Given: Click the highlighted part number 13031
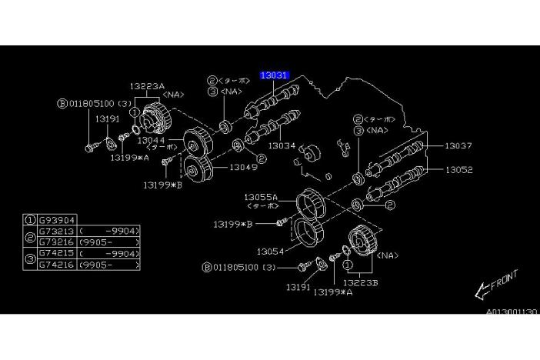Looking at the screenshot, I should pyautogui.click(x=274, y=75).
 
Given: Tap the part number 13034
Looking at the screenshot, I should pyautogui.click(x=282, y=145).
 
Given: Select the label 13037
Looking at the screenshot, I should pyautogui.click(x=458, y=145).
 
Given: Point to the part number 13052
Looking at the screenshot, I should pyautogui.click(x=458, y=170).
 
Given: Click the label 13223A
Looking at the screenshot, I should pyautogui.click(x=147, y=87).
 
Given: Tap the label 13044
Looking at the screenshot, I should pyautogui.click(x=152, y=140).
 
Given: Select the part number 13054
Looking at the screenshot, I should pyautogui.click(x=272, y=251).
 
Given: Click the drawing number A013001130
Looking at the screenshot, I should pyautogui.click(x=510, y=312).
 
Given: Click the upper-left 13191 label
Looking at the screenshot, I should pyautogui.click(x=108, y=120).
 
